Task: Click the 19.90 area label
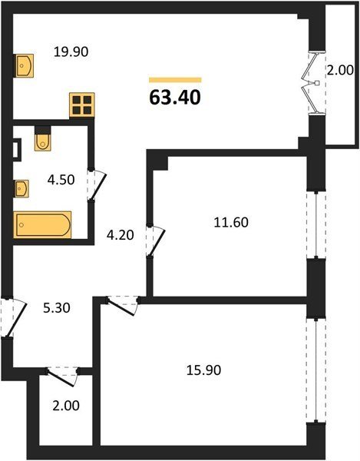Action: coord(71,52)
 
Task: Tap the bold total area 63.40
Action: coord(175,98)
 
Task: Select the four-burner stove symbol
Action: coord(82,105)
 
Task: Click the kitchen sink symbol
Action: coord(25,65)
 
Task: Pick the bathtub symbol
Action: coord(43,224)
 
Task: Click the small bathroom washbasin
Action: coord(21,189)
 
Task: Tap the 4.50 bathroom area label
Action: coord(61,180)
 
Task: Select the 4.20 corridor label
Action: coord(120,235)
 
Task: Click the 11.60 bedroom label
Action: coord(231,223)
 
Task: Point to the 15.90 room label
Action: coord(203,370)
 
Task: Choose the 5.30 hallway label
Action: coord(57,308)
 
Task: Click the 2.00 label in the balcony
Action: coord(340,71)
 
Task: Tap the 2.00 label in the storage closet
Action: coord(66,406)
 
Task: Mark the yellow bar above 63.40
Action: coord(175,80)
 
